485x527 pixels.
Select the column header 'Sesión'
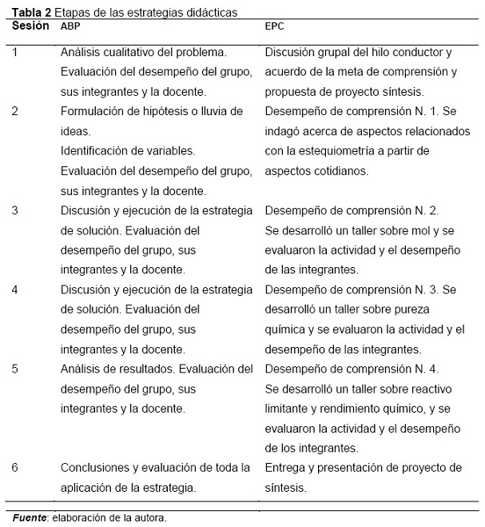click(x=31, y=26)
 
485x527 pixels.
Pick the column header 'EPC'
click(x=274, y=26)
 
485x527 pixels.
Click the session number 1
click(x=15, y=52)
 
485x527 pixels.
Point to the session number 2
click(x=15, y=111)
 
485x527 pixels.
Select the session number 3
click(x=15, y=210)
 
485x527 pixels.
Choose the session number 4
click(x=15, y=289)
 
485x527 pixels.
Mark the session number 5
click(x=15, y=369)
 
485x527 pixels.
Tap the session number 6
click(x=15, y=467)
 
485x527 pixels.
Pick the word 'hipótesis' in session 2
click(x=165, y=111)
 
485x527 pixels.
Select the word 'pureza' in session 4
click(x=425, y=309)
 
